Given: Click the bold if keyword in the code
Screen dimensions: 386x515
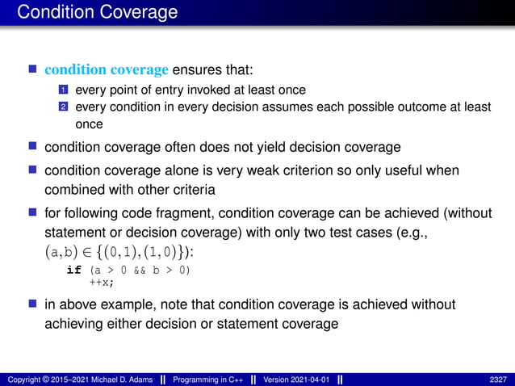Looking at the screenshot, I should tap(73, 270).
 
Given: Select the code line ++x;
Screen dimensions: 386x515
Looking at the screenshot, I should tap(101, 282).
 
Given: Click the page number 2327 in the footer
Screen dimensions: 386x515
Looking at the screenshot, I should tap(498, 380).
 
